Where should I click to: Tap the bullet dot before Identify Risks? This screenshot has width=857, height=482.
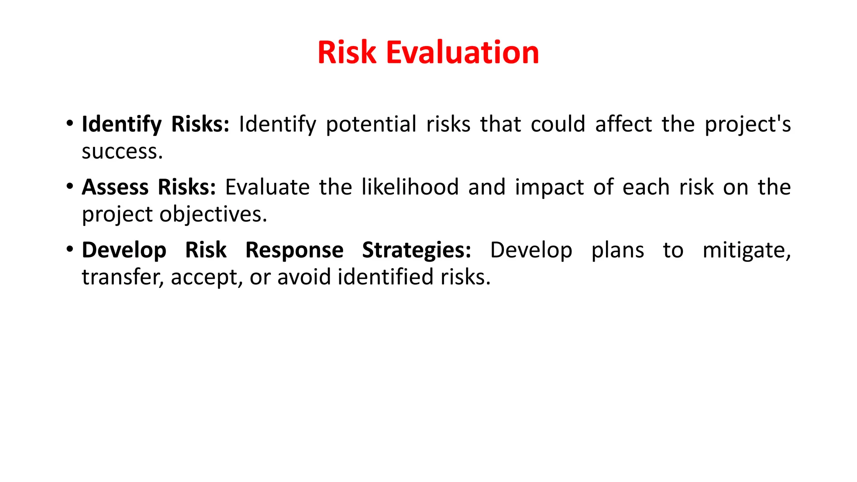coord(70,123)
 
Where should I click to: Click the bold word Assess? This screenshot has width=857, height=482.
coord(115,187)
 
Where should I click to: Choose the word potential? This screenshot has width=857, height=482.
coord(371,125)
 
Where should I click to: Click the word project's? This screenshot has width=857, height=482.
coord(747,125)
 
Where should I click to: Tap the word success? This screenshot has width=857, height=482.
coord(122,151)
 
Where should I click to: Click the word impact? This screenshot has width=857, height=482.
coord(549,188)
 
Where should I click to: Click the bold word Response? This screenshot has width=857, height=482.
coord(294,251)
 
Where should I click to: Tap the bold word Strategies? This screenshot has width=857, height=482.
coord(416,251)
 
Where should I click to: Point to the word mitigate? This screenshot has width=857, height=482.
coord(747,251)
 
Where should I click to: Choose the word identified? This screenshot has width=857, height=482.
coord(385,277)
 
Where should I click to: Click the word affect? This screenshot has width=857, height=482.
coord(624,125)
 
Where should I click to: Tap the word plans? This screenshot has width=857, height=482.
coord(618,251)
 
